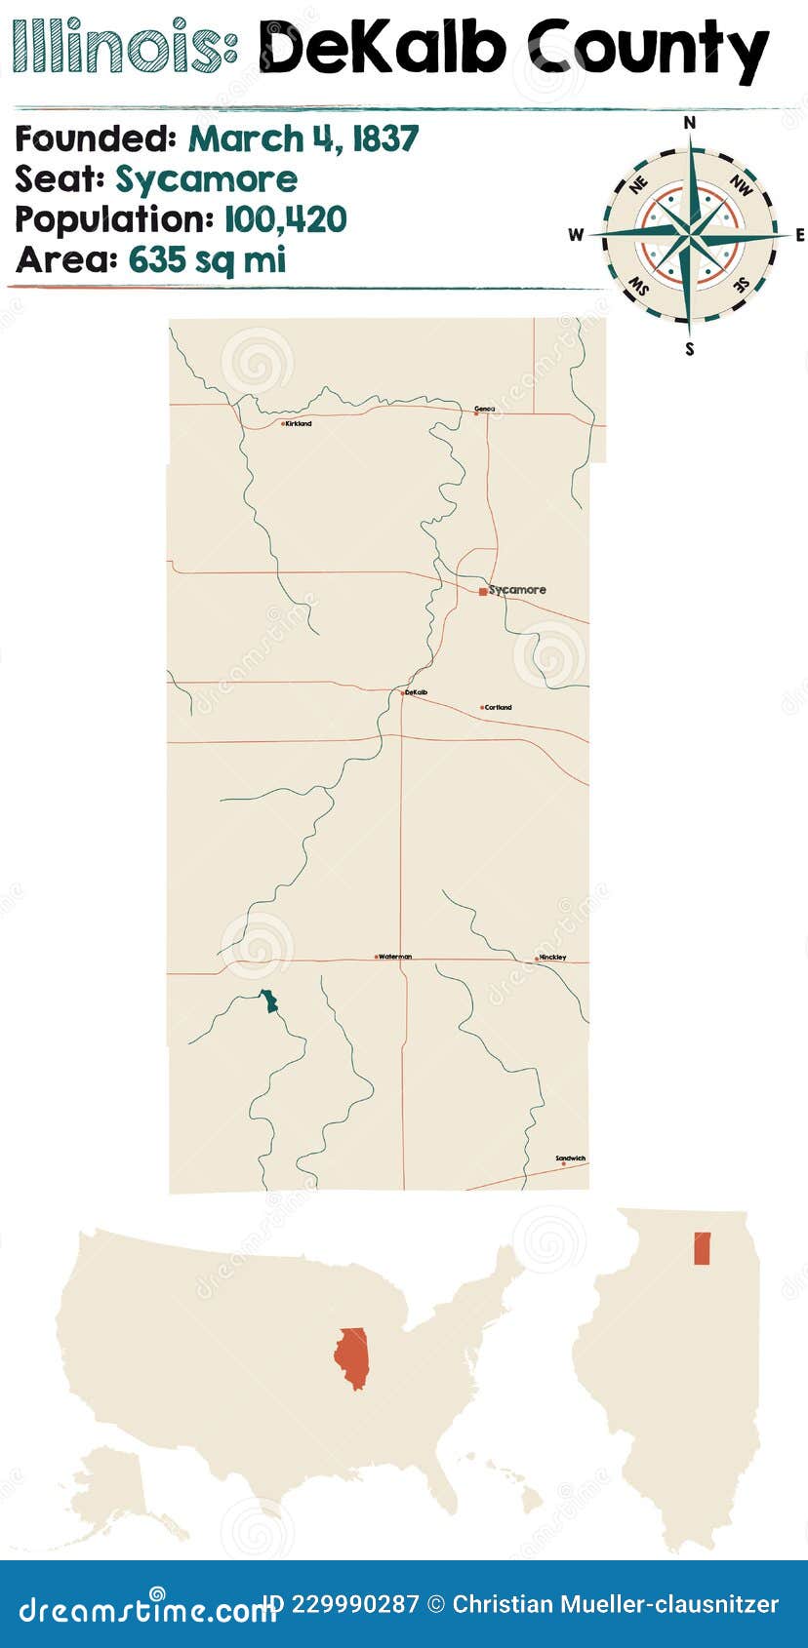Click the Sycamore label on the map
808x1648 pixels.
coord(518,590)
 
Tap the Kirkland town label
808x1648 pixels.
coord(299,424)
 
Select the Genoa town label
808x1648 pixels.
coord(484,409)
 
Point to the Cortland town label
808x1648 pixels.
coord(499,707)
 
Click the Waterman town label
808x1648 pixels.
coord(395,957)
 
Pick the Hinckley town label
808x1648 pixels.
coord(552,958)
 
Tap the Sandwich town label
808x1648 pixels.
coord(571,1158)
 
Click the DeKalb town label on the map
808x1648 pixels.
coord(416,692)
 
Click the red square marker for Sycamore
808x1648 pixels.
coord(483,591)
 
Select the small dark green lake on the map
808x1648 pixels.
coord(268,1001)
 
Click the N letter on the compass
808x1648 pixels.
coord(690,122)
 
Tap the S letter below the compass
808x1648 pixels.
coord(690,349)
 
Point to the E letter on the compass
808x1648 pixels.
coord(800,235)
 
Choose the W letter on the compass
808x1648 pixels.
coord(577,234)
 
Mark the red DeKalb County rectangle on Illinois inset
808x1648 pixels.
coord(702,1248)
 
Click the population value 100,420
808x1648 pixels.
coord(285,219)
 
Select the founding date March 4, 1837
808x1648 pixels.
coord(303,139)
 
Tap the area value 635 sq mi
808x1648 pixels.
coord(207,260)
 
